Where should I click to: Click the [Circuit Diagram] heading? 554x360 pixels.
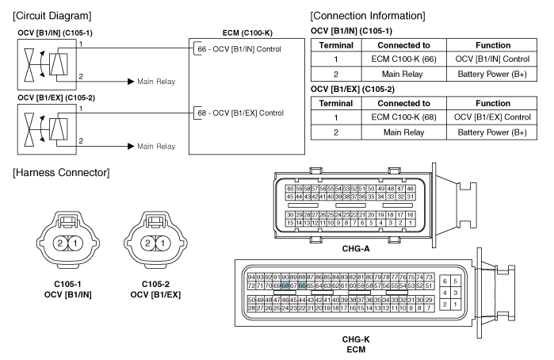[49, 15]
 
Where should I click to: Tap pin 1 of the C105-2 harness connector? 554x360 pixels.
[170, 243]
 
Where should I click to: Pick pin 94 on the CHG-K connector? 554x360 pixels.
[251, 276]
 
